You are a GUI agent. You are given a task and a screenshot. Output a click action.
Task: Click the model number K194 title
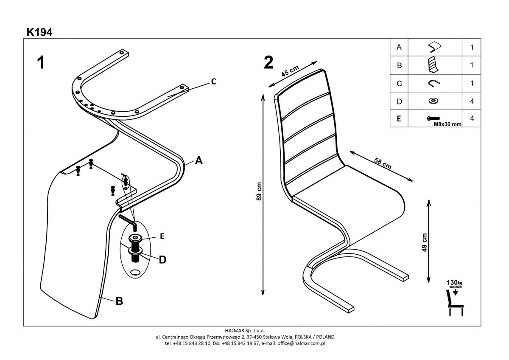point(39,32)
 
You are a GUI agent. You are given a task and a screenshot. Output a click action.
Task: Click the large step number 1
point(40,63)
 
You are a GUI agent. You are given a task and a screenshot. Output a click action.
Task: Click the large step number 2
point(268,63)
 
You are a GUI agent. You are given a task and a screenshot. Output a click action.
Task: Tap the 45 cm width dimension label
point(290,73)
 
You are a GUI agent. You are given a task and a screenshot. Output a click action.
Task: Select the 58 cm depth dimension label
point(383,163)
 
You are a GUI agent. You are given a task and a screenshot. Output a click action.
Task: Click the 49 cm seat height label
point(425,242)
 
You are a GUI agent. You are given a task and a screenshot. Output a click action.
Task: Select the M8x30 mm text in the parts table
point(447,124)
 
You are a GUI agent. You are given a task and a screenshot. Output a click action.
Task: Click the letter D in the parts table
point(399,101)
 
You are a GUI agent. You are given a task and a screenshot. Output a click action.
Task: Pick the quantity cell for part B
point(472,65)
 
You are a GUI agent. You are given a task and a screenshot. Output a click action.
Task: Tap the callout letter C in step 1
point(214,82)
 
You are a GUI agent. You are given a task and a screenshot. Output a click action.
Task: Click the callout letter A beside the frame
point(199,161)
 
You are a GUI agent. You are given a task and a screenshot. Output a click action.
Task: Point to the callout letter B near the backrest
point(120,301)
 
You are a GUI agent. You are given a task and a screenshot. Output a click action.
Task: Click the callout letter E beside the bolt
point(162,237)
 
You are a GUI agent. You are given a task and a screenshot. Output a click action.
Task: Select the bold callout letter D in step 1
point(162,259)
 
